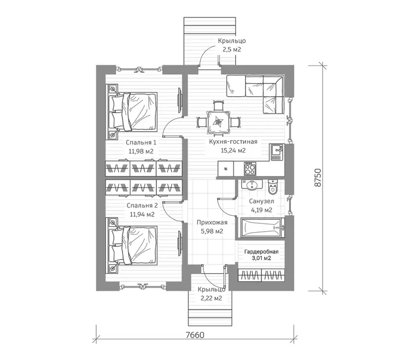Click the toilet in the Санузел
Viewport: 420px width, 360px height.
click(273, 186)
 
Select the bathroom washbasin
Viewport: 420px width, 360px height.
click(252, 185)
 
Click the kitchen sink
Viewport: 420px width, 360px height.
click(277, 152)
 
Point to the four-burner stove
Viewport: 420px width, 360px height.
click(249, 169)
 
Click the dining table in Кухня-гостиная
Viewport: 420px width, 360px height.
click(218, 122)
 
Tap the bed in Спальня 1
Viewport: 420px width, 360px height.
click(133, 112)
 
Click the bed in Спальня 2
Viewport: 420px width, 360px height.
click(133, 245)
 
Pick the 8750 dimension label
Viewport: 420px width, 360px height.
click(317, 178)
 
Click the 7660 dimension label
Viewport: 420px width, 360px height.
click(195, 335)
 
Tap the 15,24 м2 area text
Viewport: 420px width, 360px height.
click(233, 150)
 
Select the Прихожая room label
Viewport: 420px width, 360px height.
click(212, 222)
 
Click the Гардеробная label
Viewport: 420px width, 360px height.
click(261, 252)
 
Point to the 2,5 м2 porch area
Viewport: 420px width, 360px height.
click(232, 50)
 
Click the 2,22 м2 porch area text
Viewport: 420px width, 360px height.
click(211, 298)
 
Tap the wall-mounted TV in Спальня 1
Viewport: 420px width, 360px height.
click(180, 99)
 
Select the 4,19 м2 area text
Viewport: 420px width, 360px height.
click(261, 210)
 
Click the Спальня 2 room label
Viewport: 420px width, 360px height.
click(142, 205)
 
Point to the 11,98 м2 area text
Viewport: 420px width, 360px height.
click(141, 151)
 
